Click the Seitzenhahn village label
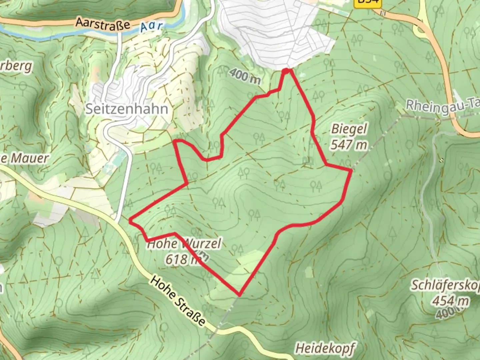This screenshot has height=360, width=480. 127,109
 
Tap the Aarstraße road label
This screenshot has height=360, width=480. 102,24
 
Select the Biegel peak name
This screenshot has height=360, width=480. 349,129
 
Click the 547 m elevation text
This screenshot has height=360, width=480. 349,144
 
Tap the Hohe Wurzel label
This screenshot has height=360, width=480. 184,244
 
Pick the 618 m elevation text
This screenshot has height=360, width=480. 182,259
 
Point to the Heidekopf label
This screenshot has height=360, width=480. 324,348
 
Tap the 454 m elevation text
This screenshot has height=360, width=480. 451,301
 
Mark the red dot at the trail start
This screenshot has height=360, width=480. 286,70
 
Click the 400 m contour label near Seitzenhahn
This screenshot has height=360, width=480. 245,77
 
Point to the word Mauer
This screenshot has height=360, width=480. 29,158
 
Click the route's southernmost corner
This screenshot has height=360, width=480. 239,295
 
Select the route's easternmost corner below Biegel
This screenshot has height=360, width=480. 351,170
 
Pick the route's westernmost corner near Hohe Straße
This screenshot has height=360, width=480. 130,220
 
